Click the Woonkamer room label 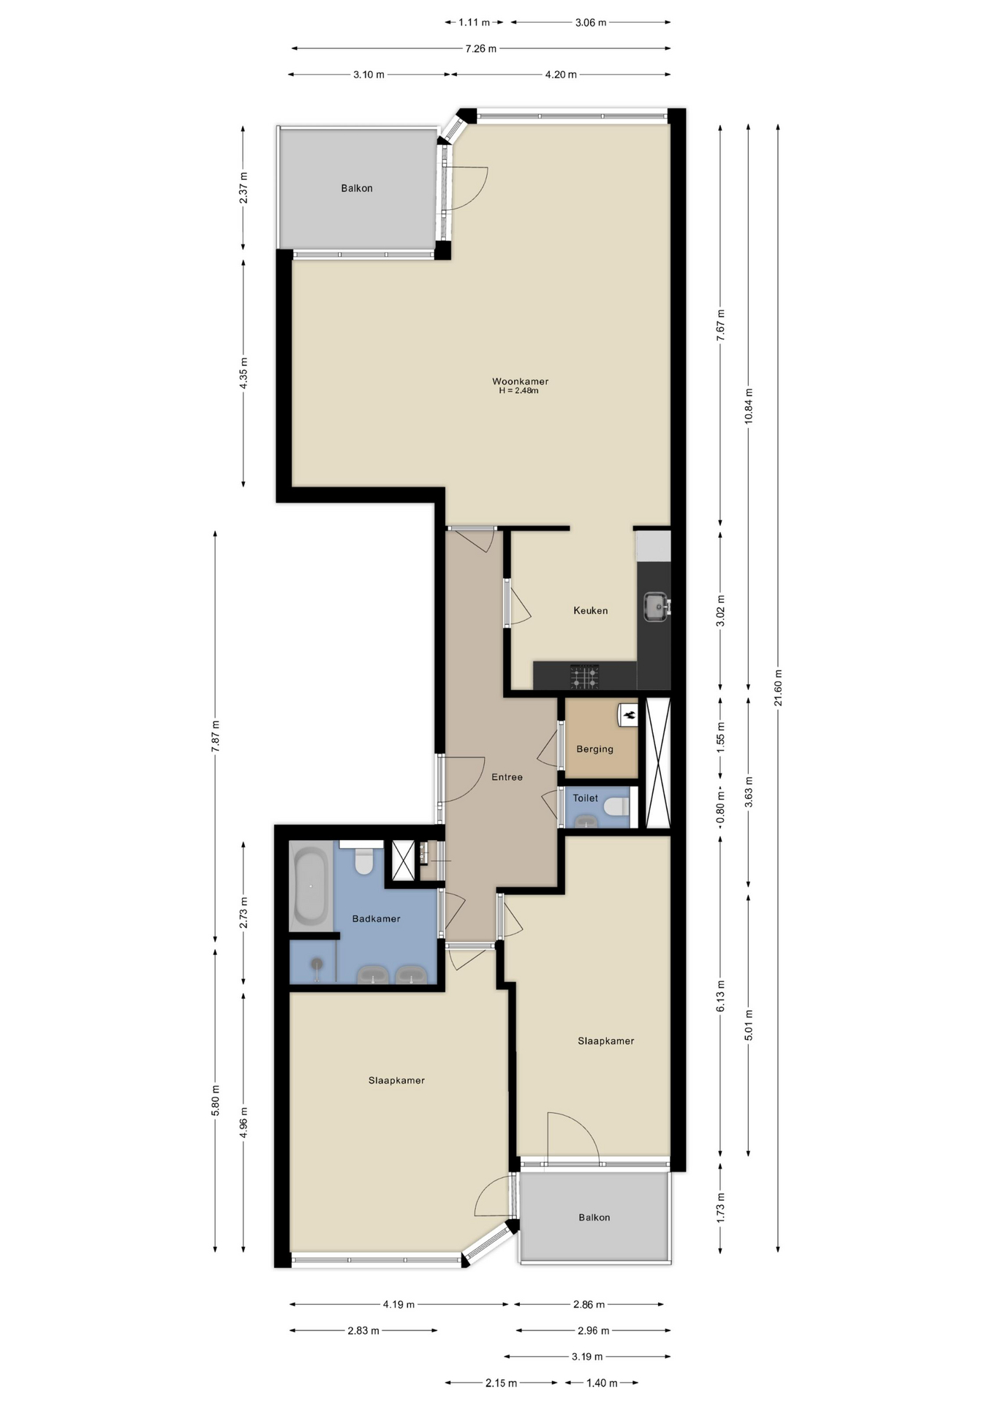pos(520,381)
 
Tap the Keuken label pos(590,610)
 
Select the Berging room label pos(594,749)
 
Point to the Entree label pos(507,777)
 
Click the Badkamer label pos(376,919)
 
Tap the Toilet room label pos(585,798)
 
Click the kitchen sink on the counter pos(656,606)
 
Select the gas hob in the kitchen pos(584,677)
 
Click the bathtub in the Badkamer pos(311,885)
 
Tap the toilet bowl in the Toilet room pos(616,806)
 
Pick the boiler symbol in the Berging pos(629,714)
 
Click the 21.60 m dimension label pos(778,688)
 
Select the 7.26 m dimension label pos(481,49)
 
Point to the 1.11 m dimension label pos(474,23)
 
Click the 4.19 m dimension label pos(399,1304)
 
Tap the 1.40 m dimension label pos(602,1383)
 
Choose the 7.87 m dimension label pos(215,736)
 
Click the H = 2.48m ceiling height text pos(519,391)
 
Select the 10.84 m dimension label pos(748,406)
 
